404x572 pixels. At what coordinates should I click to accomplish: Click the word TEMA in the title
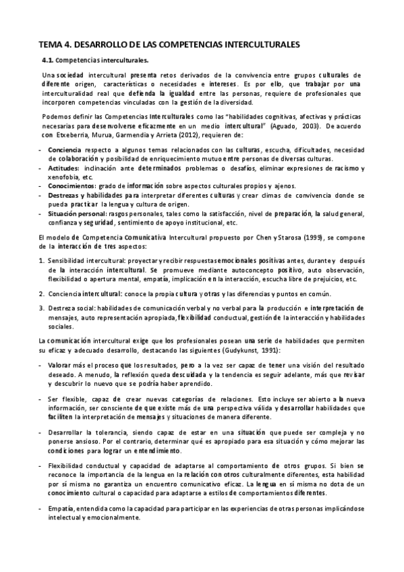[x=51, y=45]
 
